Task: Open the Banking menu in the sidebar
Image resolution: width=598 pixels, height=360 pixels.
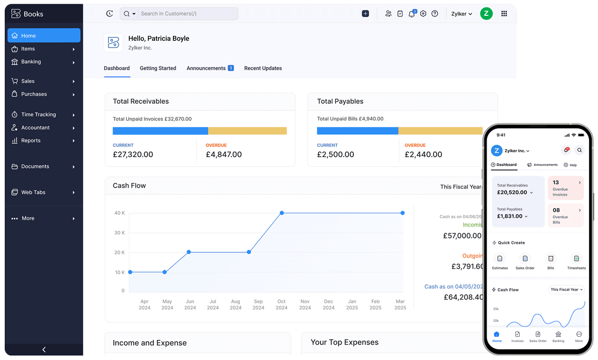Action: click(x=31, y=62)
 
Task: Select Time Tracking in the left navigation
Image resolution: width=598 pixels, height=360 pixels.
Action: click(x=38, y=115)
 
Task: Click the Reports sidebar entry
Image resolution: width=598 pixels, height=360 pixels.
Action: click(x=31, y=141)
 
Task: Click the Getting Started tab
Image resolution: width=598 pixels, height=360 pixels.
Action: click(x=158, y=68)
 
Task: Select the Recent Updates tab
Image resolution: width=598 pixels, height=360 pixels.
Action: click(x=263, y=68)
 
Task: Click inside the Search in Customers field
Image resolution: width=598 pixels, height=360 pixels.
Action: click(x=186, y=14)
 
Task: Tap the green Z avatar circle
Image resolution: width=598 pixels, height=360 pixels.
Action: click(x=486, y=14)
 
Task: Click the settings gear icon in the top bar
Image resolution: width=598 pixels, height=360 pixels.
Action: click(x=423, y=14)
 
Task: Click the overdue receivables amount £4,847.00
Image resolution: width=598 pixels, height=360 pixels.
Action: click(x=223, y=155)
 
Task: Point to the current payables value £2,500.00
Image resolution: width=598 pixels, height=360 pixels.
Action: click(x=335, y=155)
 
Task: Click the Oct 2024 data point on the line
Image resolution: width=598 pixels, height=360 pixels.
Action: click(x=282, y=213)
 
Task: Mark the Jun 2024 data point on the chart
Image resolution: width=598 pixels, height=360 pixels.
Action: click(x=189, y=252)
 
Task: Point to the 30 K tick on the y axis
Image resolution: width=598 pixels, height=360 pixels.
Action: click(x=119, y=233)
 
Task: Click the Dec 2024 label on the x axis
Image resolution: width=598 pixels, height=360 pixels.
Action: click(x=328, y=304)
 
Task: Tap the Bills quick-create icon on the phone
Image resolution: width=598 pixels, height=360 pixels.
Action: click(x=551, y=259)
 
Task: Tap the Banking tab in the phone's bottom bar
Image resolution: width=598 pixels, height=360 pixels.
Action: click(x=558, y=336)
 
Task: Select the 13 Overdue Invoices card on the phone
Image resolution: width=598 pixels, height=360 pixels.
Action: click(x=566, y=188)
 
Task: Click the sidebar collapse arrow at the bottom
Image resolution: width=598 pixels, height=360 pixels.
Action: click(x=44, y=349)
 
